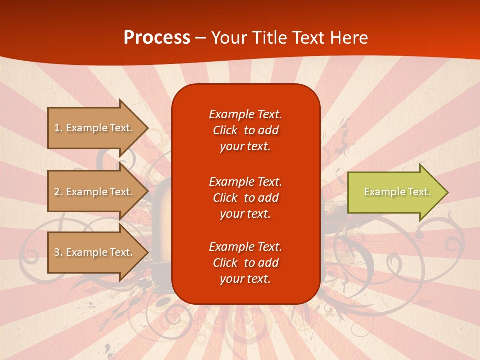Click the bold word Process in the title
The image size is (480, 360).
[157, 38]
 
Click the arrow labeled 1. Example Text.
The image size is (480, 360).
[95, 128]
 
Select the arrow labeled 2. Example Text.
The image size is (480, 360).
[95, 192]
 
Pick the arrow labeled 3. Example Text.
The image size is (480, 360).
[95, 252]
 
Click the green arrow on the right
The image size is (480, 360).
[395, 192]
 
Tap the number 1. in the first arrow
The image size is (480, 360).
[58, 128]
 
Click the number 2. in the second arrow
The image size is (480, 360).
[58, 192]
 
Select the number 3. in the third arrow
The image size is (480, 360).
[58, 252]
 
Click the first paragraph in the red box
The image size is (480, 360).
[245, 130]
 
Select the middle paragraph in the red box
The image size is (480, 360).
[245, 198]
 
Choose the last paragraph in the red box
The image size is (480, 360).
[245, 263]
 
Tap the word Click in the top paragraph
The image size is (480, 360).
[225, 130]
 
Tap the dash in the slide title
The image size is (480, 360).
[200, 38]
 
